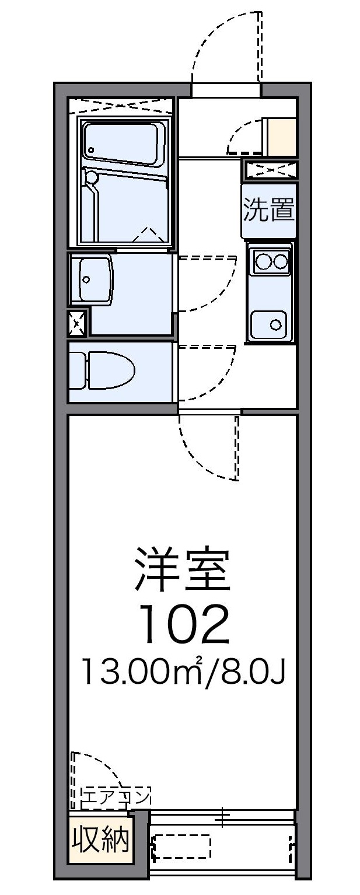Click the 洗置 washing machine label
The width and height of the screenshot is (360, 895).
[x=269, y=210]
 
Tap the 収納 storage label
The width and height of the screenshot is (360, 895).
[x=100, y=840]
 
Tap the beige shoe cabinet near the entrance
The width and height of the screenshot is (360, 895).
[x=281, y=135]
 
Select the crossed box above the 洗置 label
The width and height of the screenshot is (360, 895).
[x=270, y=169]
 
